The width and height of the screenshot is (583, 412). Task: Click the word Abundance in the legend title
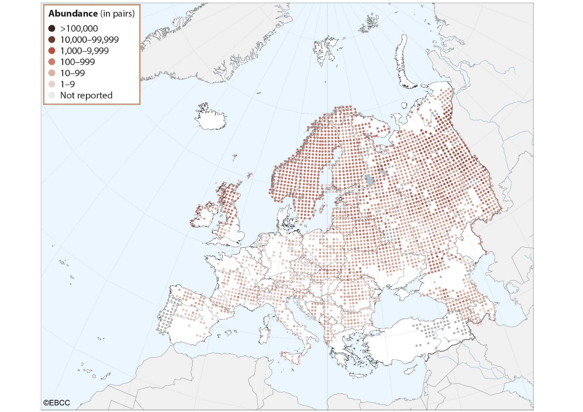click(x=73, y=14)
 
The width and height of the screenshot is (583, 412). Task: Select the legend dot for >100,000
click(x=52, y=29)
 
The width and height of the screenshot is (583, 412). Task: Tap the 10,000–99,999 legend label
click(x=89, y=40)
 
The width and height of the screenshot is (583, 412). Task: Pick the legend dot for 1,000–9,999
click(x=52, y=51)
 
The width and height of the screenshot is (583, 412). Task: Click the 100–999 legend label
click(x=77, y=62)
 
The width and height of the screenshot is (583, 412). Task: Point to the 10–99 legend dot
click(x=52, y=73)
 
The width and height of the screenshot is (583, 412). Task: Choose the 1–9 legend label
click(x=67, y=84)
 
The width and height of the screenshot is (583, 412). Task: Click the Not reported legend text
click(x=86, y=95)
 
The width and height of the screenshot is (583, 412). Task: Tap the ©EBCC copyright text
click(x=56, y=403)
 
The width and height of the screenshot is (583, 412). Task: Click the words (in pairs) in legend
click(x=117, y=14)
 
